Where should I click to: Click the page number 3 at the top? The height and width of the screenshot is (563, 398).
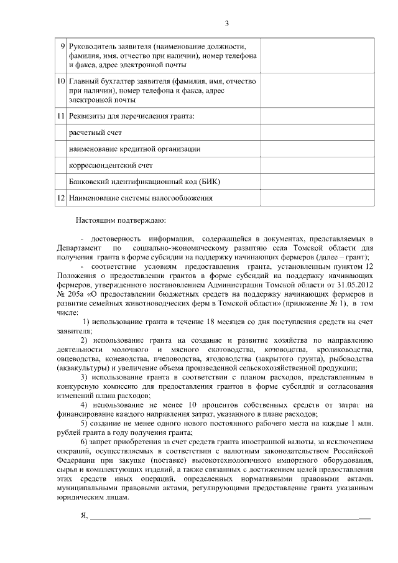[227, 24]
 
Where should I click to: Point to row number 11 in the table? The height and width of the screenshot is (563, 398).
[60, 116]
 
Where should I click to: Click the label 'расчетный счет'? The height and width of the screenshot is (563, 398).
[95, 133]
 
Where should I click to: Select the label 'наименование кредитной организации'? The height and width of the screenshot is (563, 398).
[134, 149]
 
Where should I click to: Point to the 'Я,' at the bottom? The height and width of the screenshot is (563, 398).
[85, 515]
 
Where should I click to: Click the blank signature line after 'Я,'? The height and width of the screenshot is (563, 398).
[230, 517]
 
